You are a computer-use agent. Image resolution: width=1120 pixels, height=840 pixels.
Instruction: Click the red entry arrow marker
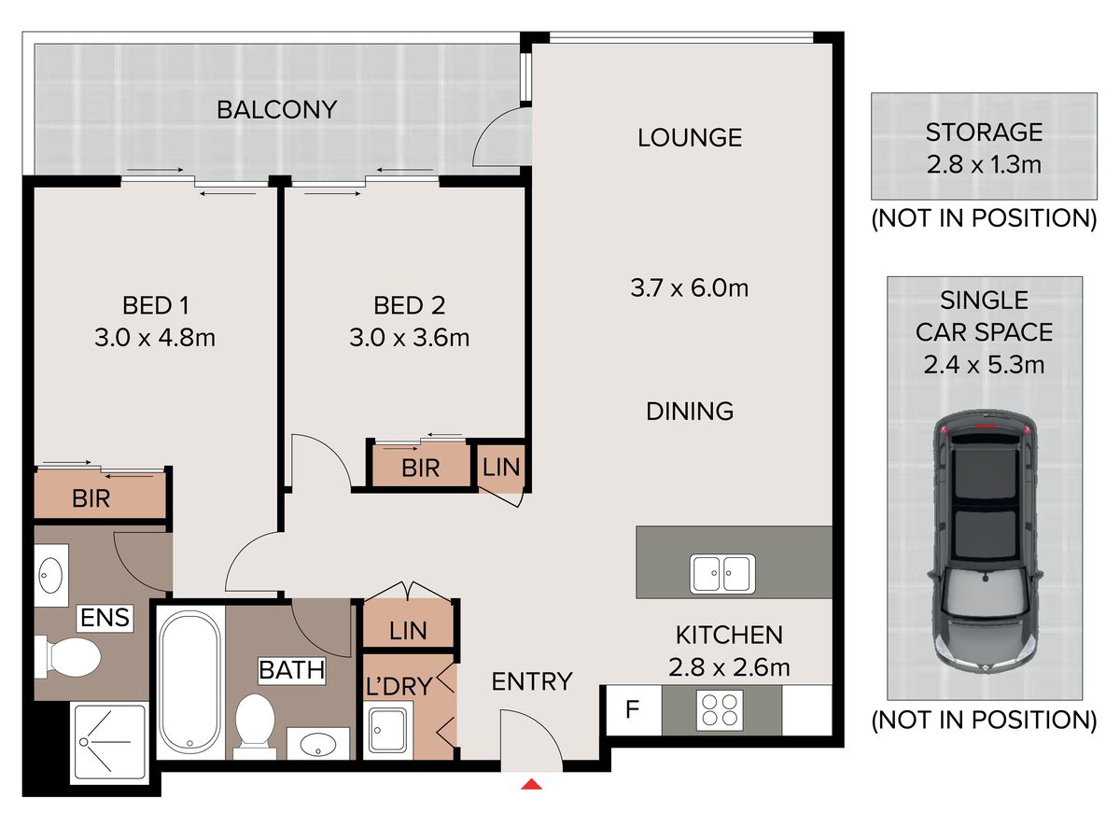531,784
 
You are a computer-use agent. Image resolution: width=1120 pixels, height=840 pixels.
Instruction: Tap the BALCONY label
276,109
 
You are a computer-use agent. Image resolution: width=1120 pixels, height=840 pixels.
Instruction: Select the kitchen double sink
722,573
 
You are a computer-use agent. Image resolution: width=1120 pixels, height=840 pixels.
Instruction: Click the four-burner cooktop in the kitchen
720,710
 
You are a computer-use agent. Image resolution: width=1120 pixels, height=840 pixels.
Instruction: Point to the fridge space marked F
633,709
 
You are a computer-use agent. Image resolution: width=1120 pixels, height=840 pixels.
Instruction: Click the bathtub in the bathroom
190,682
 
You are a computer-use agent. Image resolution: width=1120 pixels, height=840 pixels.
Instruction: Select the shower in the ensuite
109,744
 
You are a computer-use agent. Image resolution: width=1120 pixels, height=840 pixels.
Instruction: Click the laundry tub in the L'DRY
389,730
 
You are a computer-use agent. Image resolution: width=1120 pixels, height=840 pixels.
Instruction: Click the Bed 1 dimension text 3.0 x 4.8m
155,338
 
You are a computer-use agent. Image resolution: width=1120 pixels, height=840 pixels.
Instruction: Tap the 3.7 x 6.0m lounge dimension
690,288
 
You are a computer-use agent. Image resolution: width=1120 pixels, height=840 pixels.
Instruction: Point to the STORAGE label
984,133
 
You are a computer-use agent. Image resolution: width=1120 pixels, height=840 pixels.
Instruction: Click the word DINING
690,411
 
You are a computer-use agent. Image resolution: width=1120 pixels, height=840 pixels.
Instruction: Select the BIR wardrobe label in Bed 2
420,469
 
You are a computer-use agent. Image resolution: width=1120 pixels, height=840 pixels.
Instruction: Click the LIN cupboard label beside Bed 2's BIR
501,468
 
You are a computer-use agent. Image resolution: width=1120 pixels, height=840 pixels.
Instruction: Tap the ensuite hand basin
51,575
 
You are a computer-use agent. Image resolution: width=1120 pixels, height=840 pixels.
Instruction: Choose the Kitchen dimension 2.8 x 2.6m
729,667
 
